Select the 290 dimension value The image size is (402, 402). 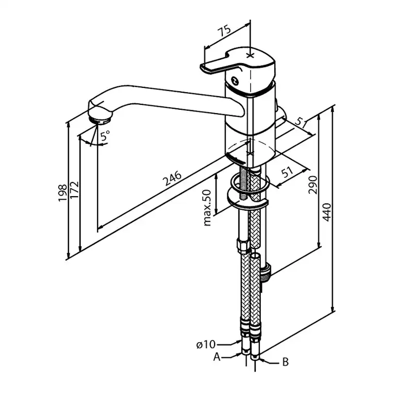313,185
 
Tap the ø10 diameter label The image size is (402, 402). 205,345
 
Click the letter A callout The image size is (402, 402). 217,357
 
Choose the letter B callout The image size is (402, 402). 285,362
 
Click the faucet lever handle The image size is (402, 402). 218,65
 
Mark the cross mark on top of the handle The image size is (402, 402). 250,55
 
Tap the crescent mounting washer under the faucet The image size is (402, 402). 249,200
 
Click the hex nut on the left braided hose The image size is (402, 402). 241,244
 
